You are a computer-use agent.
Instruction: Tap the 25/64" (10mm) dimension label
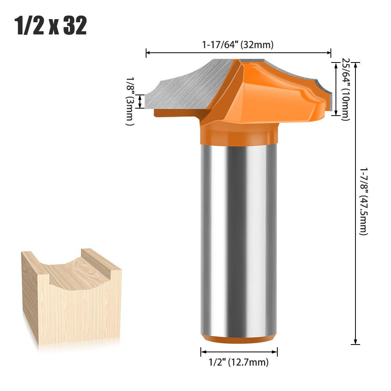point(345,89)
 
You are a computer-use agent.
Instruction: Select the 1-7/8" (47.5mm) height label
point(363,201)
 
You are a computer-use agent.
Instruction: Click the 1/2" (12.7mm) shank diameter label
point(239,362)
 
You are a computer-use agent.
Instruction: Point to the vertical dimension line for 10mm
point(336,89)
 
